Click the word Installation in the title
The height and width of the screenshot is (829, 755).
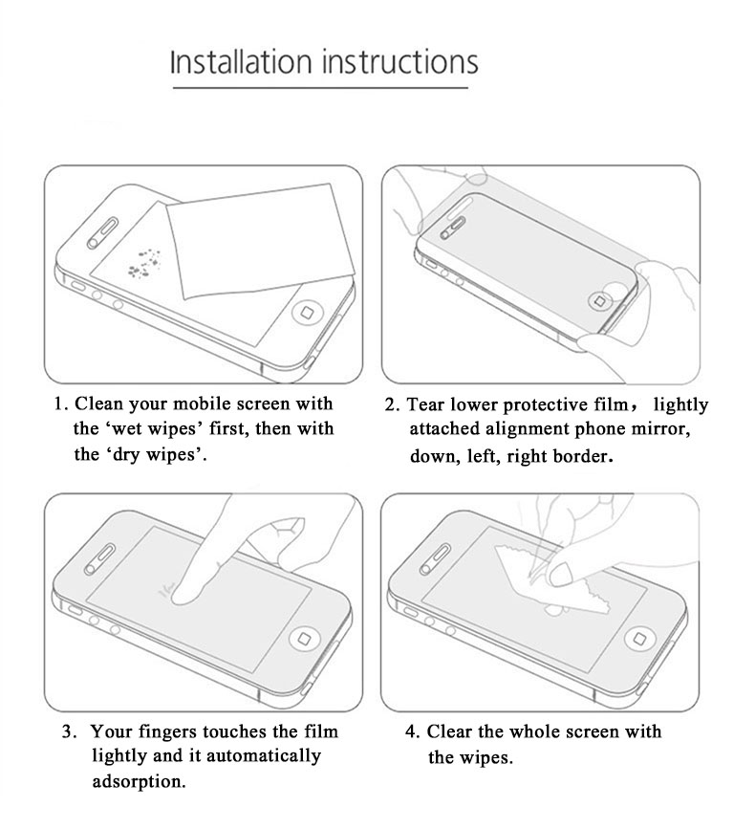tap(241, 61)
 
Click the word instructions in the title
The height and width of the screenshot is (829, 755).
tap(399, 61)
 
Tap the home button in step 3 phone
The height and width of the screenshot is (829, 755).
tap(304, 639)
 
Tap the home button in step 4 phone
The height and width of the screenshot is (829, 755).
tap(639, 638)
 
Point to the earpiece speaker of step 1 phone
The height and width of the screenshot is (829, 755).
tap(102, 232)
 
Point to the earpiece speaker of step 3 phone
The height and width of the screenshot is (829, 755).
tap(99, 558)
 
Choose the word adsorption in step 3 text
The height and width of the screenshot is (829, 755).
tap(139, 781)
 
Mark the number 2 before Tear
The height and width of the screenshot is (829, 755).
tap(390, 405)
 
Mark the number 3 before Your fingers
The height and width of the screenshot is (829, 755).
tap(67, 731)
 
